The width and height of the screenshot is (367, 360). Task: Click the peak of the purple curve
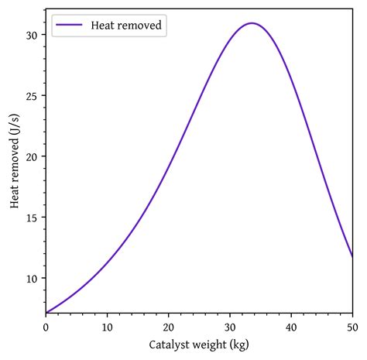click(252, 23)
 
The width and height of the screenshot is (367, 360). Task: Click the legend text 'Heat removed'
click(126, 26)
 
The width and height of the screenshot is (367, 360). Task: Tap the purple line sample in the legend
click(70, 26)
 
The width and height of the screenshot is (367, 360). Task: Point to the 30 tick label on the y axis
click(32, 36)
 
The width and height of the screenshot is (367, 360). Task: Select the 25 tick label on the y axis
click(32, 96)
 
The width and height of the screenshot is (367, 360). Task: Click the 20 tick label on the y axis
click(32, 156)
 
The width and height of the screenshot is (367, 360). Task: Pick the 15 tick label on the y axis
click(32, 218)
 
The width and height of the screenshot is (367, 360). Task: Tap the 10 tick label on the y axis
click(32, 278)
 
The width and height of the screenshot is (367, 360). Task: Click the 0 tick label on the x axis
click(46, 327)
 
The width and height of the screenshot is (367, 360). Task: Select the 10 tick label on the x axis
click(107, 327)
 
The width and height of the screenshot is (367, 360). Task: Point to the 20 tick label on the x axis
click(168, 327)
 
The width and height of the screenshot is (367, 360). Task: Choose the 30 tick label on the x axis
click(230, 327)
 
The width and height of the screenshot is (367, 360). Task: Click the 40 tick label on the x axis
click(291, 327)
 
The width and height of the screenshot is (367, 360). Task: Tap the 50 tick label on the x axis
click(352, 327)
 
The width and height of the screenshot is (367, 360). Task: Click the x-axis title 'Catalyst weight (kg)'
click(199, 345)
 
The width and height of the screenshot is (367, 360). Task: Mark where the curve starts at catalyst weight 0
click(46, 313)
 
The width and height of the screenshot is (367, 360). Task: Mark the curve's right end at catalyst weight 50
click(352, 256)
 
